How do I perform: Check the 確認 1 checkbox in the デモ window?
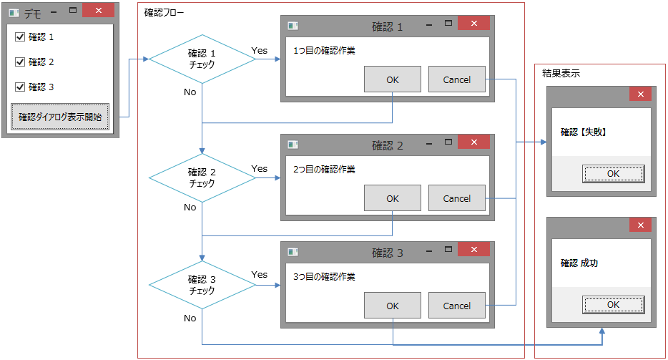(x=20, y=37)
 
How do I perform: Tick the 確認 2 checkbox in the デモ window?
(x=20, y=62)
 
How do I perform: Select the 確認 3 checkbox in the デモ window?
(x=20, y=87)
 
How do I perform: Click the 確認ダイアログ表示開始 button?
(x=60, y=117)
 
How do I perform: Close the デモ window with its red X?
(x=99, y=10)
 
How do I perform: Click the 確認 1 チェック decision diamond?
(x=202, y=59)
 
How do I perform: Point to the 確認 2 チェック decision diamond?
(x=202, y=178)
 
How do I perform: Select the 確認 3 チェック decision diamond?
(x=202, y=285)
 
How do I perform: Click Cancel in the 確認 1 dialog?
(x=457, y=79)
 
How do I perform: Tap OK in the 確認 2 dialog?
(x=393, y=198)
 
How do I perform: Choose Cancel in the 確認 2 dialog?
(x=457, y=198)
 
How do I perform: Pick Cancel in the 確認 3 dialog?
(x=457, y=306)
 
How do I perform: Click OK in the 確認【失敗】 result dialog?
(x=613, y=174)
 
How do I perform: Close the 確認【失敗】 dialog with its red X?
(x=640, y=94)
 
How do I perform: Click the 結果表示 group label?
(x=561, y=74)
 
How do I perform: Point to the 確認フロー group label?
(x=164, y=13)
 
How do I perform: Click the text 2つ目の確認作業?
(x=324, y=170)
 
